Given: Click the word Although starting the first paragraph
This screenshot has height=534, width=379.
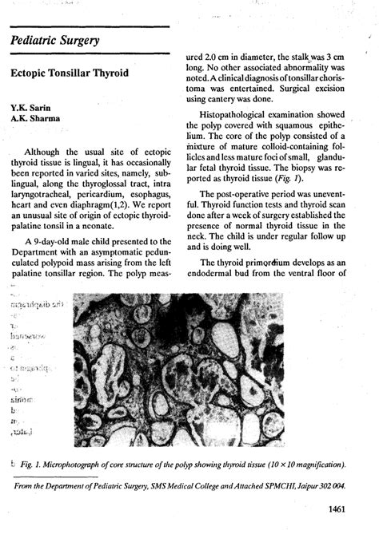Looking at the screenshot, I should (x=47, y=152).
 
